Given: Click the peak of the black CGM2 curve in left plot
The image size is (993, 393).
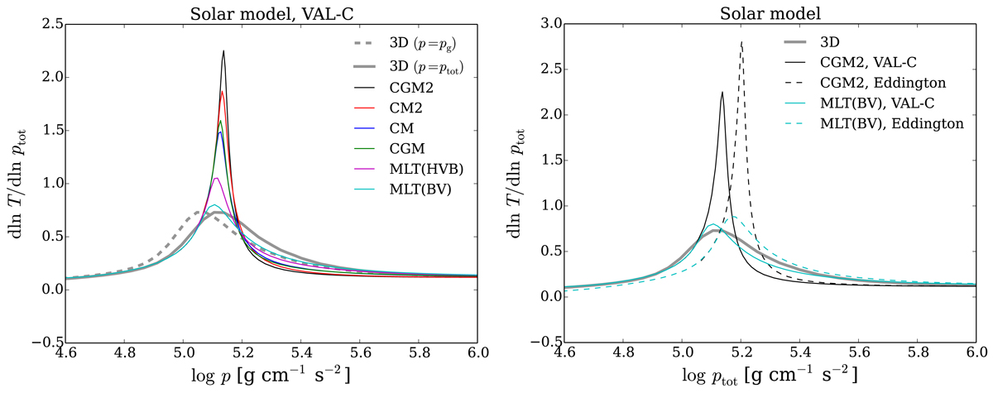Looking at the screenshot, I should (x=223, y=51).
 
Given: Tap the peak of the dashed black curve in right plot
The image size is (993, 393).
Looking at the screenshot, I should (x=741, y=41).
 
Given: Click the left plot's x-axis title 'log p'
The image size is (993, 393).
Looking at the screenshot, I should (x=281, y=377).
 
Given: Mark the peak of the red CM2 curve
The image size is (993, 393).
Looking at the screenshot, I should (x=223, y=91).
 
